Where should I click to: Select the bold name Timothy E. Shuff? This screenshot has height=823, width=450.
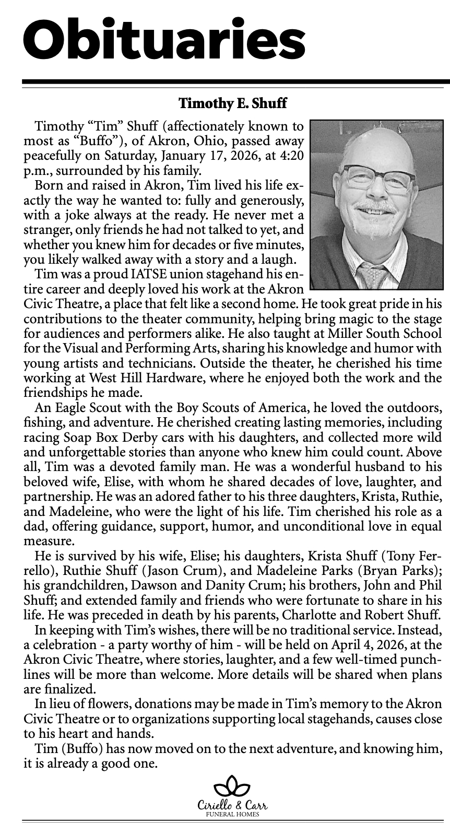232,103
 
